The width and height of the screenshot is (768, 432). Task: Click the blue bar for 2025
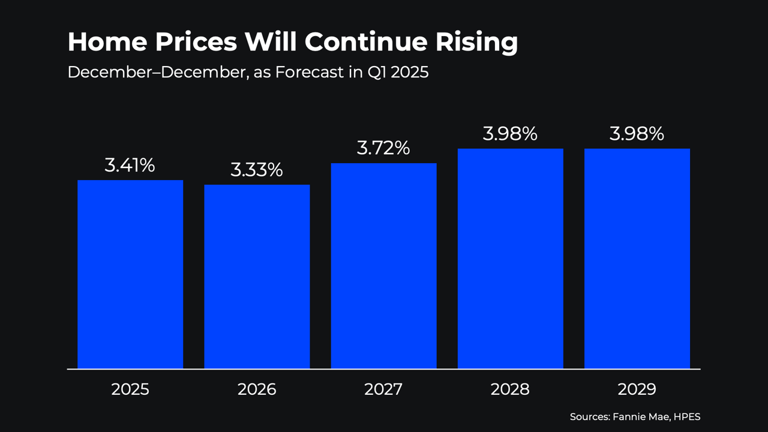point(130,274)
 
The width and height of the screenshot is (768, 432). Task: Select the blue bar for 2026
point(257,277)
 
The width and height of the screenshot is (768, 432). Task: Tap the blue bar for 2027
point(383,266)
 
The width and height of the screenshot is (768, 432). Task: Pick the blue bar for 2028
point(510,259)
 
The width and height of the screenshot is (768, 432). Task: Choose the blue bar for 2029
point(637,259)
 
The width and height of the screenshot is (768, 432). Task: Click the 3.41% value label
point(130,166)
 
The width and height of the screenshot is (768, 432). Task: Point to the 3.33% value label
point(257,170)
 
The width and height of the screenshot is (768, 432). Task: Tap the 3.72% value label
point(383,148)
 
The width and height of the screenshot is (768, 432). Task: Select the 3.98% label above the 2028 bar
point(510,134)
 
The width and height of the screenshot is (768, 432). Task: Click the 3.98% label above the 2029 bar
point(637,134)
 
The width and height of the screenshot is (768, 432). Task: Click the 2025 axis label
point(130,389)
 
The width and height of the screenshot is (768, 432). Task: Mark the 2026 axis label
point(257,389)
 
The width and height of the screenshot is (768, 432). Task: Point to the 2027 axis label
point(383,389)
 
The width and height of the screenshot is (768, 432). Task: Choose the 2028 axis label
point(510,389)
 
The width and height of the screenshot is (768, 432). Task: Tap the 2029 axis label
point(637,389)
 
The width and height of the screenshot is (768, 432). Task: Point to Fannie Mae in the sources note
point(639,416)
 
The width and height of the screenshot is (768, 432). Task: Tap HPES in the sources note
point(687,416)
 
